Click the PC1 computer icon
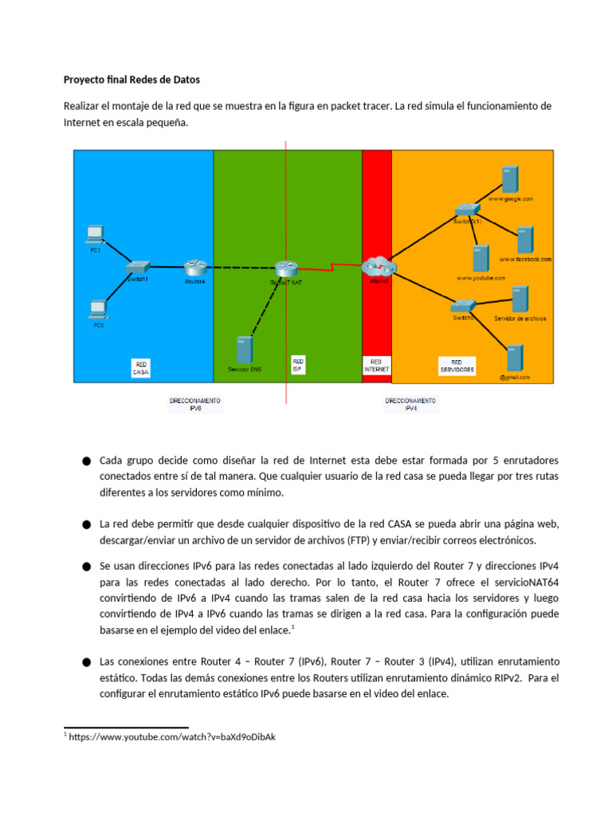pos(95,233)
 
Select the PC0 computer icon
pos(98,308)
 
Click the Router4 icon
pos(195,267)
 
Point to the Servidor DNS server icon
pos(245,351)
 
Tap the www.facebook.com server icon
pos(525,240)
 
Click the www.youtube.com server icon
pos(480,260)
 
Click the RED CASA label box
pos(141,367)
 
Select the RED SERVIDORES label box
pos(457,366)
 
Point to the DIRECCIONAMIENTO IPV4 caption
pos(410,404)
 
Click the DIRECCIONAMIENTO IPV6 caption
pos(195,404)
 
